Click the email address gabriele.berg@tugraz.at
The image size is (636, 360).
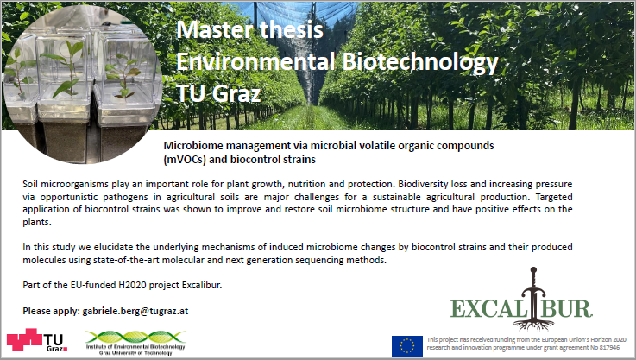(135, 312)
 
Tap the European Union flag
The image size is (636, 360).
(406, 346)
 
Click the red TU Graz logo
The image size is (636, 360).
(37, 340)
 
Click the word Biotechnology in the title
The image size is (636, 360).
(419, 61)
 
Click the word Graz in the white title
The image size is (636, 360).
(236, 93)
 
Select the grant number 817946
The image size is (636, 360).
(608, 348)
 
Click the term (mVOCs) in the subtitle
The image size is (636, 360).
(185, 160)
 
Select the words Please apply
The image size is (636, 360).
(51, 312)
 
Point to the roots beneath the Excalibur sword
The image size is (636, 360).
(533, 324)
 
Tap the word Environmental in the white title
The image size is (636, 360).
(256, 61)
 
